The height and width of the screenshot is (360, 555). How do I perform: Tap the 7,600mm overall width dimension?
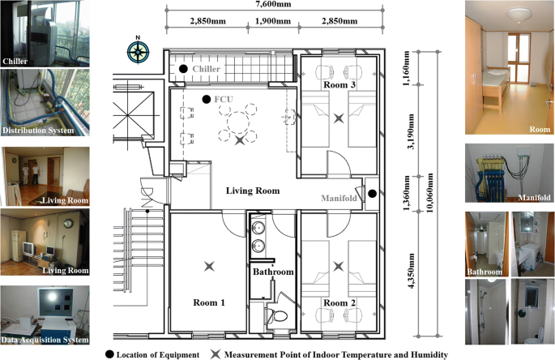(x=275, y=6)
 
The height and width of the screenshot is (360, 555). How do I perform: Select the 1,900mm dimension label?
(x=275, y=22)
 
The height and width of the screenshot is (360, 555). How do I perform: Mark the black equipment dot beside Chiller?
(x=184, y=70)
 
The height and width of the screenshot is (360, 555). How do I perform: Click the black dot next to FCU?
(x=207, y=100)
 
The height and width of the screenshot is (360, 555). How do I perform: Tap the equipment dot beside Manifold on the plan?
(x=372, y=194)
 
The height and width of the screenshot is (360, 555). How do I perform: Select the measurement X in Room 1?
(x=210, y=265)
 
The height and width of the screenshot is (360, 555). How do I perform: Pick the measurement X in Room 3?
(x=339, y=118)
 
